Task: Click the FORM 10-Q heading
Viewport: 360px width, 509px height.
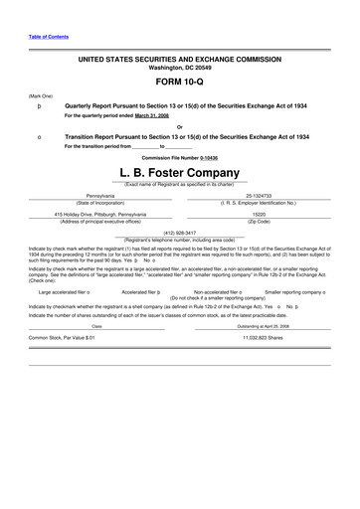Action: pyautogui.click(x=179, y=82)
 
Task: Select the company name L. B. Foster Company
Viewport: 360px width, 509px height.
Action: pyautogui.click(x=179, y=171)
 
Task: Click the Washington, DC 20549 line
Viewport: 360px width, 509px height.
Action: pyautogui.click(x=179, y=68)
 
